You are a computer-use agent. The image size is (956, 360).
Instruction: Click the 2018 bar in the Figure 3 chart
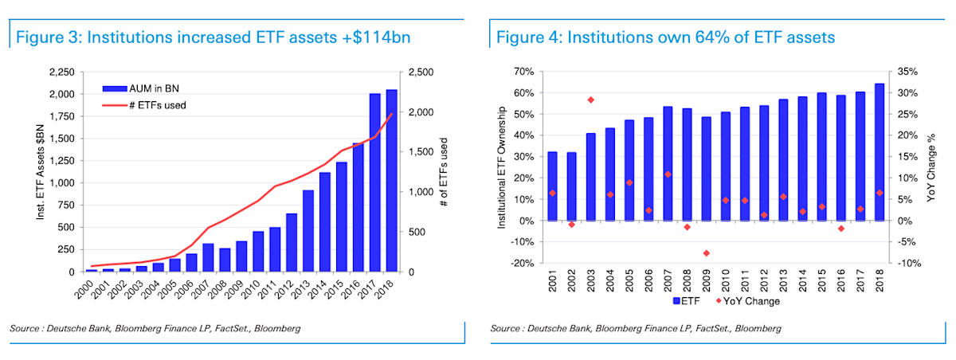391,181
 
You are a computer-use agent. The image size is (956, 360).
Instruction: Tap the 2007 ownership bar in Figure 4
668,163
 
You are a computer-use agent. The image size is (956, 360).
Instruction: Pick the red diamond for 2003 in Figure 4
591,100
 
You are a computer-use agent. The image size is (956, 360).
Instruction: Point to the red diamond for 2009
707,253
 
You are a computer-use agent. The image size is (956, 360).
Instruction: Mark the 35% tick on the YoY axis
907,72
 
